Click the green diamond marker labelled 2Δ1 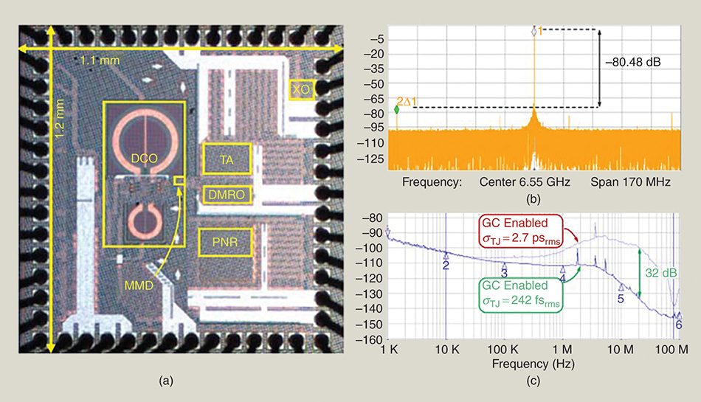396,109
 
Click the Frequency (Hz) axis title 533,364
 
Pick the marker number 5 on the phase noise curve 621,299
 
